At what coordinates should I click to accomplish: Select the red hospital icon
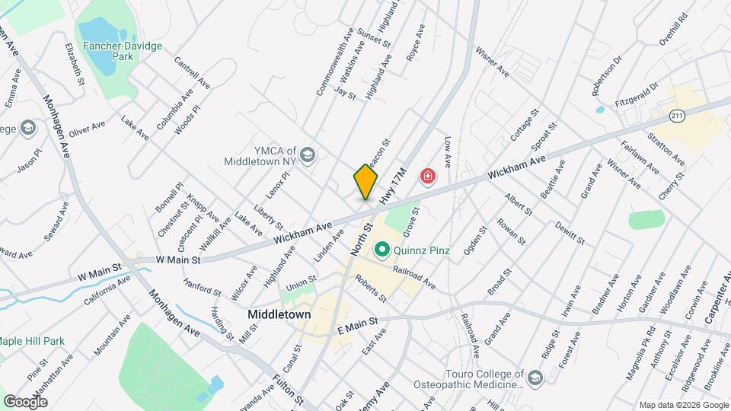[429, 177]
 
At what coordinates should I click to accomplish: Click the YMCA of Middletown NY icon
[308, 155]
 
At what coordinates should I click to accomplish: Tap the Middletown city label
[279, 314]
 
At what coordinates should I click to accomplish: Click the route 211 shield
[678, 116]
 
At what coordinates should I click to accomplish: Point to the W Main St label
[177, 260]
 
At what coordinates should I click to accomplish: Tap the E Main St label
[357, 326]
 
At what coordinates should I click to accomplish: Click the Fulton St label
[289, 390]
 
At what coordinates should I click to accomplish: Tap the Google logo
[25, 401]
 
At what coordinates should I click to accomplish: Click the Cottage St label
[525, 123]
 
